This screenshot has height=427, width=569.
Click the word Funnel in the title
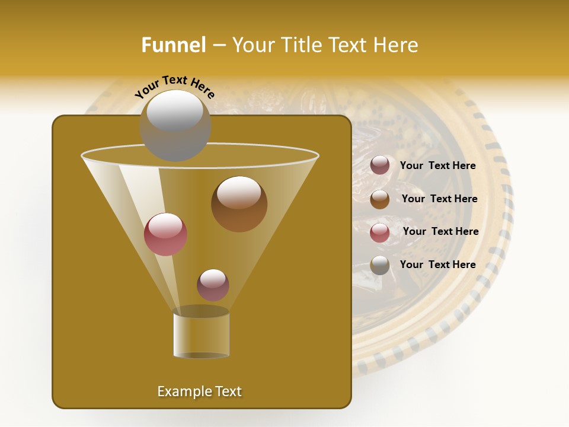tap(173, 45)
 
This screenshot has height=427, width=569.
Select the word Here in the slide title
tap(396, 45)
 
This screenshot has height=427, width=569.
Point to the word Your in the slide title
tap(252, 45)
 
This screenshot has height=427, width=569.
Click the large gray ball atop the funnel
tap(175, 125)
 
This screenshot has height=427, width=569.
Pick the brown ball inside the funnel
tap(239, 204)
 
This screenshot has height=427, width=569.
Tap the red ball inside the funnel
tap(165, 234)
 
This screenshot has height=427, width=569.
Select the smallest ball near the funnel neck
tap(213, 285)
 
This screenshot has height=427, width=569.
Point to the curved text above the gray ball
tap(175, 87)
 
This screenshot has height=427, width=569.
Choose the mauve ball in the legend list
tap(380, 165)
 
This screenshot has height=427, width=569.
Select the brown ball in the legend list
tap(380, 199)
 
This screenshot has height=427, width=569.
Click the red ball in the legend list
tap(380, 232)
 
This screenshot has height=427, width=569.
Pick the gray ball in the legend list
tap(380, 265)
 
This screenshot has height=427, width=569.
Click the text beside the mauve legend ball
tap(437, 166)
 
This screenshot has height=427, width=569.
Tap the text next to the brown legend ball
tap(439, 199)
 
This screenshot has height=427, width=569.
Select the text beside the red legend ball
tap(440, 232)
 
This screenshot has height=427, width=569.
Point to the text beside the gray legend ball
tap(437, 265)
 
